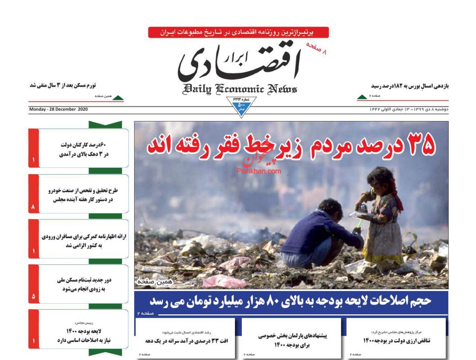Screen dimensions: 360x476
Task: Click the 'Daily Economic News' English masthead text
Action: (240, 89)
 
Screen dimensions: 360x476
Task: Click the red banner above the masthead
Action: (238, 32)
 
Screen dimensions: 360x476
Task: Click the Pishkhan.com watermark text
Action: (259, 171)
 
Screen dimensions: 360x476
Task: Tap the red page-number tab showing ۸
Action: (34, 207)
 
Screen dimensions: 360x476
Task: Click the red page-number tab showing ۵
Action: (34, 296)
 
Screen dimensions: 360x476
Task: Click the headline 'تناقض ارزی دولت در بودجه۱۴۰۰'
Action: (396, 341)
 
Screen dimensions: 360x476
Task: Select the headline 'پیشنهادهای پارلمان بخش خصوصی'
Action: (292, 340)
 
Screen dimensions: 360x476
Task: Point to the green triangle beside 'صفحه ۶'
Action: (362, 97)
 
